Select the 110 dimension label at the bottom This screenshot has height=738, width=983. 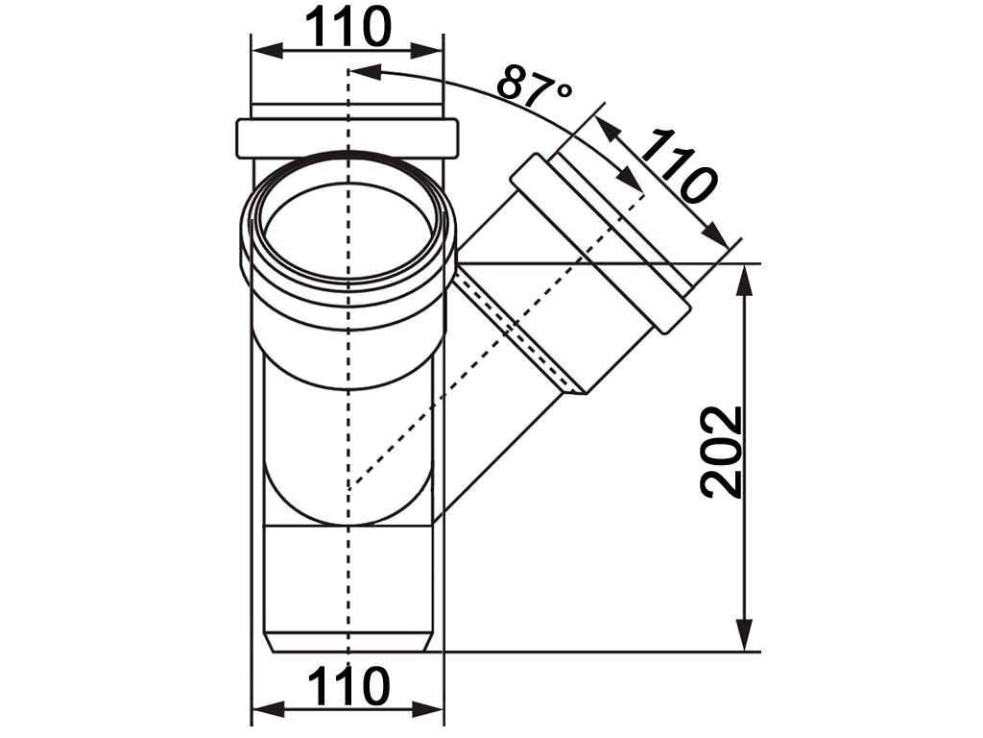348,686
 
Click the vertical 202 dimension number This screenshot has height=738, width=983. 722,452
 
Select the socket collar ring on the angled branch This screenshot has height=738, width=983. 600,245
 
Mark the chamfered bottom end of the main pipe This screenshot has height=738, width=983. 348,643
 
